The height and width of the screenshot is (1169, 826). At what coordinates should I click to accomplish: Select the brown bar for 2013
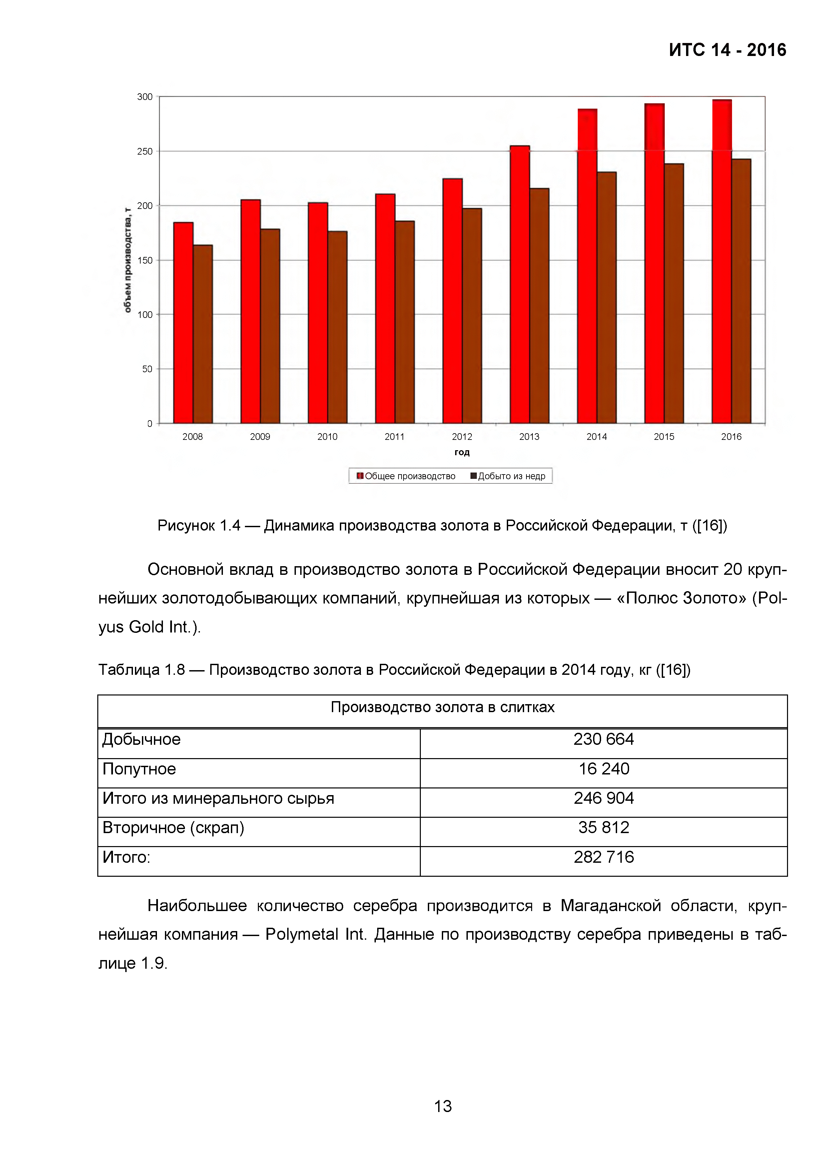point(539,306)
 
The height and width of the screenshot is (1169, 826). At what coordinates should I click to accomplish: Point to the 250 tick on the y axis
point(145,151)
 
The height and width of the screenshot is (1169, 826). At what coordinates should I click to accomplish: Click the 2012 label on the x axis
point(461,436)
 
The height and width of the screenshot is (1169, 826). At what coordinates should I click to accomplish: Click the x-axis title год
point(461,452)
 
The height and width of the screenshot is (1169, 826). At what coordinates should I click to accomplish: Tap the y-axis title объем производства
point(127,260)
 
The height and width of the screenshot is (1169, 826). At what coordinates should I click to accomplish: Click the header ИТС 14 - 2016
point(727,50)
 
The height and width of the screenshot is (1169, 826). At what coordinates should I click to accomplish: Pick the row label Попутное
point(139,768)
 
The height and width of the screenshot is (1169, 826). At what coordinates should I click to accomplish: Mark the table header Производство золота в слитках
point(442,707)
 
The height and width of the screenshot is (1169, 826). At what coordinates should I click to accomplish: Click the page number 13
point(442,1106)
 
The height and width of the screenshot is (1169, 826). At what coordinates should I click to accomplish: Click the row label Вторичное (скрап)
point(173,827)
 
